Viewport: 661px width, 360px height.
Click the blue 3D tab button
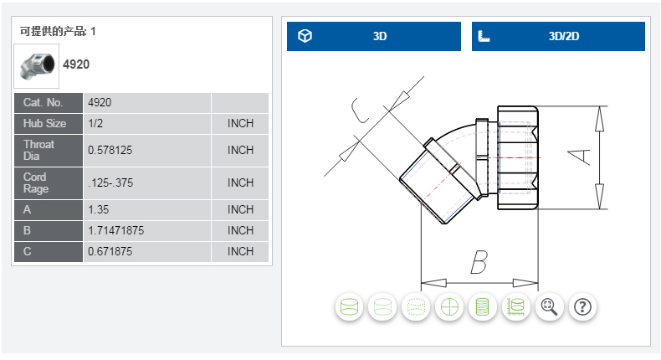tap(374, 37)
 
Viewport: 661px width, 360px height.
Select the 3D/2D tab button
tap(558, 37)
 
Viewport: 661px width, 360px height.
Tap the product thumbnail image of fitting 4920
tap(37, 64)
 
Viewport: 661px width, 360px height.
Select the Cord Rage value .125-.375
tap(111, 183)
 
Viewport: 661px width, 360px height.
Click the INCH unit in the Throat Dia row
tap(240, 151)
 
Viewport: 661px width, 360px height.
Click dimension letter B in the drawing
tap(478, 263)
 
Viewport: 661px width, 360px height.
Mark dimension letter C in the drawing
tap(360, 112)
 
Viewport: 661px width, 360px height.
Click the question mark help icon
tap(582, 307)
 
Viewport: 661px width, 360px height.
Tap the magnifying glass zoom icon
tap(549, 307)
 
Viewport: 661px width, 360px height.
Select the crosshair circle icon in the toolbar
tap(449, 307)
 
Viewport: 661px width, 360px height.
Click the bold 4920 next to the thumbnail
tap(76, 64)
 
